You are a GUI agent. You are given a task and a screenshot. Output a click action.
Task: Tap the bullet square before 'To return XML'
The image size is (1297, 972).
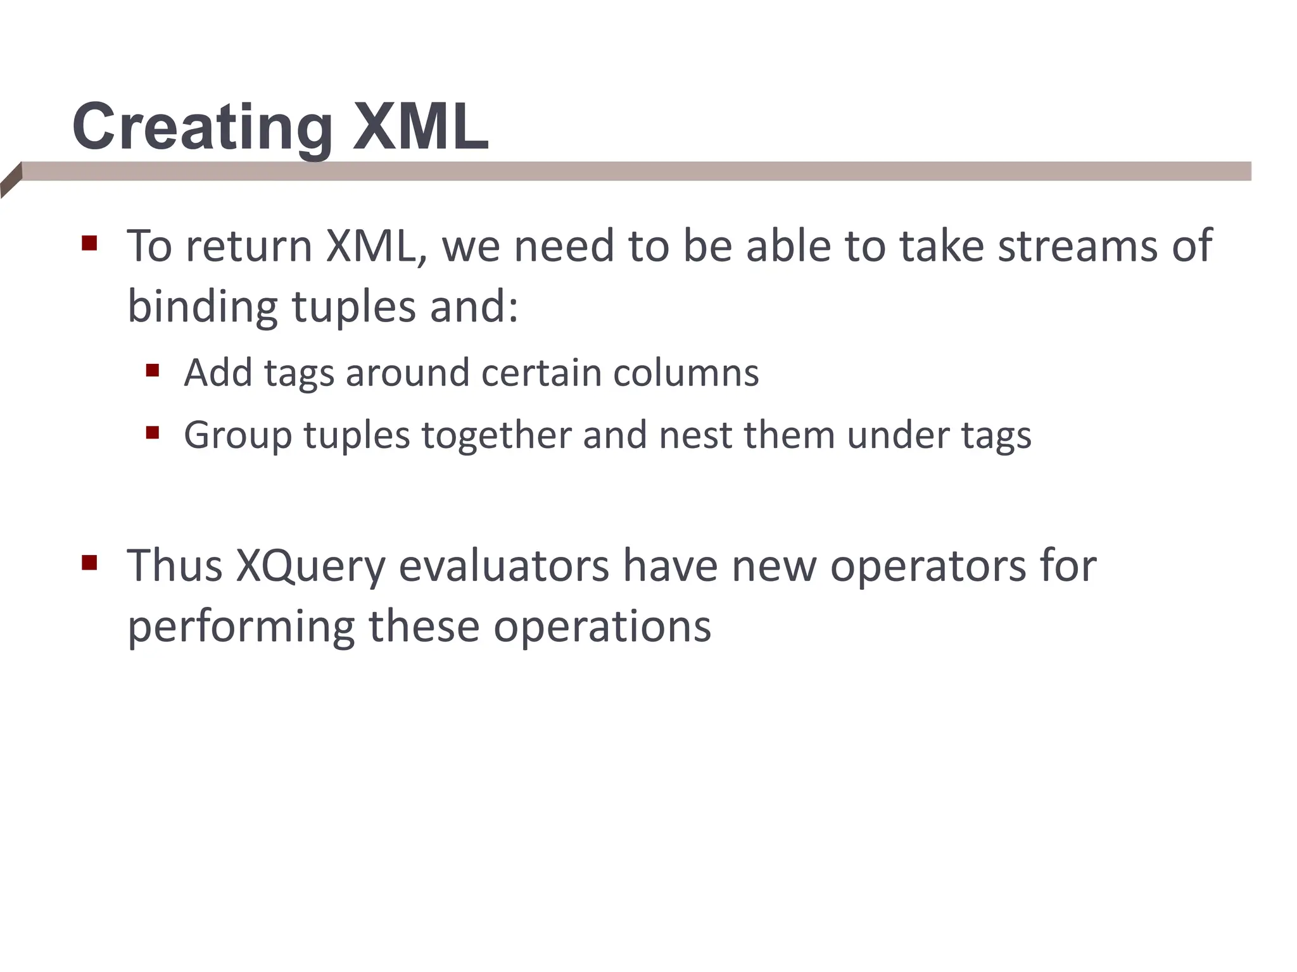[x=89, y=244]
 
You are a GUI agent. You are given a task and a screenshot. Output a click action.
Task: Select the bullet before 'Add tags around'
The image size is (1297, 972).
[x=152, y=370]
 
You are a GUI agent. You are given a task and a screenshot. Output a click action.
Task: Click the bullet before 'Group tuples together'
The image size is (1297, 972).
[x=152, y=433]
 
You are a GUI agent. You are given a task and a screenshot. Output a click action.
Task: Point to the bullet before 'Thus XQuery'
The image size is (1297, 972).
[x=89, y=563]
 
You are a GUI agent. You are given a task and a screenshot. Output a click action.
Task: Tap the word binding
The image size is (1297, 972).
[x=202, y=307]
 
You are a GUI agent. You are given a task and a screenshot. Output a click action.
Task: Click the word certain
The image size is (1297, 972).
[x=541, y=373]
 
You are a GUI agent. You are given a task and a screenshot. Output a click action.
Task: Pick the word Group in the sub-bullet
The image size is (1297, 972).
[x=237, y=437]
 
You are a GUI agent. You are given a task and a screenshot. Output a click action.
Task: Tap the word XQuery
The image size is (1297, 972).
[x=310, y=566]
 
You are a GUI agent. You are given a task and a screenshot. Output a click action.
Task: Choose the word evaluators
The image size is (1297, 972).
[x=503, y=565]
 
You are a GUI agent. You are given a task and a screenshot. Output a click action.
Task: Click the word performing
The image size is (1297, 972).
[x=241, y=627]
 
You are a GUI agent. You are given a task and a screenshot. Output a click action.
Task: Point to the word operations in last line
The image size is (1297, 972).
[x=602, y=627]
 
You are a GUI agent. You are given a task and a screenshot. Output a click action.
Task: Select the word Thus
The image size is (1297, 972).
[x=175, y=565]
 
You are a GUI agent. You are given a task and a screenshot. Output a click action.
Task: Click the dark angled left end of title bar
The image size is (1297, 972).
[x=11, y=180]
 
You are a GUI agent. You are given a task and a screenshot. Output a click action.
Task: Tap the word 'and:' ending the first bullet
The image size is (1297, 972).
[x=474, y=307]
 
